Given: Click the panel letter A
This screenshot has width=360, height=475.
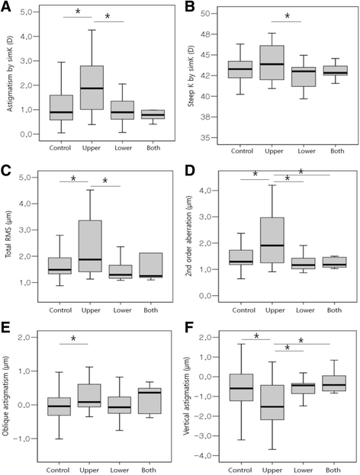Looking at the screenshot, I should click(x=8, y=7).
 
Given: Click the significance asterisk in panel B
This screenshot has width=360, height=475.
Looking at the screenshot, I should click(x=287, y=14).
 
